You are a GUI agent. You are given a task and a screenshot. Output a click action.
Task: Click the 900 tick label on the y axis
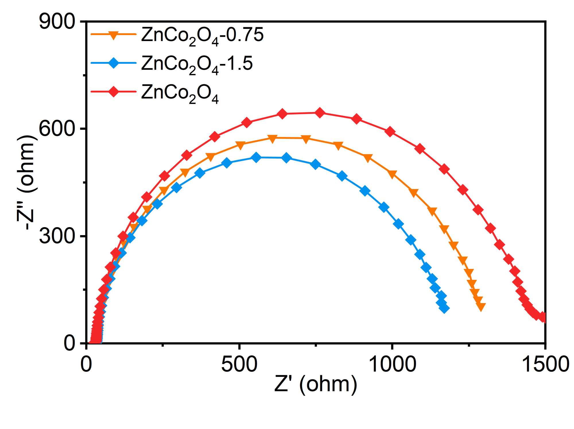(57, 22)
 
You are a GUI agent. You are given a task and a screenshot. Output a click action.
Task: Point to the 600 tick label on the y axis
(57, 129)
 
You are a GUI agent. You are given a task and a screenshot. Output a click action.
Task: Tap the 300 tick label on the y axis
(57, 236)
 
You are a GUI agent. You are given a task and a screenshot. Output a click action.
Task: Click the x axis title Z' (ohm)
(316, 384)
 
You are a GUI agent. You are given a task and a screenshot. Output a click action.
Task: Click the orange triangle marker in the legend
(114, 35)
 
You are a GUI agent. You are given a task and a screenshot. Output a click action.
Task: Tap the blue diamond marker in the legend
(114, 63)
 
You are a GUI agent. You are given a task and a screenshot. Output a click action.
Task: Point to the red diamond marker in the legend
(114, 92)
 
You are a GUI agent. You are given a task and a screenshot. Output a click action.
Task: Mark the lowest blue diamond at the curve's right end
(444, 309)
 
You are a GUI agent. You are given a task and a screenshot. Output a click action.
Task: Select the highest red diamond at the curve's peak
(320, 113)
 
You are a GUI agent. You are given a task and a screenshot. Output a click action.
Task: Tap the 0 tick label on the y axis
(69, 344)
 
